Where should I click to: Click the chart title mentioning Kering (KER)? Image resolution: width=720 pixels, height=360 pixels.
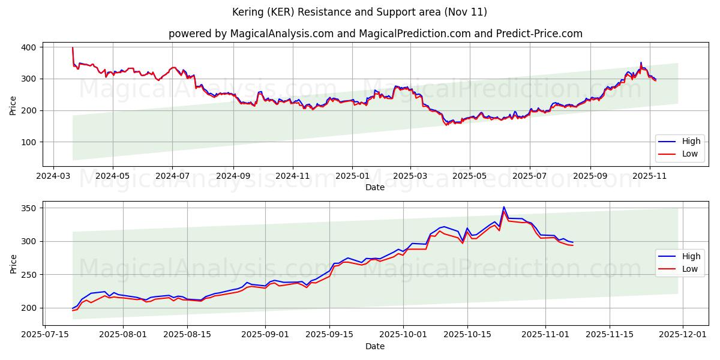click(x=359, y=12)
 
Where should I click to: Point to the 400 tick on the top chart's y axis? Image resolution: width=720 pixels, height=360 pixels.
click(x=29, y=47)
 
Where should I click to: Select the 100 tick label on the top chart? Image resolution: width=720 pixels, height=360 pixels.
click(x=29, y=142)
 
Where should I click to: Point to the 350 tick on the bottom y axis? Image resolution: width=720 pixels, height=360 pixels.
click(x=29, y=208)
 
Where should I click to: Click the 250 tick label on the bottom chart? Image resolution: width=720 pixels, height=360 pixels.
click(x=29, y=275)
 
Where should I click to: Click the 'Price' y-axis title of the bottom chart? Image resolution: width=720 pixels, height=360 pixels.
click(x=14, y=263)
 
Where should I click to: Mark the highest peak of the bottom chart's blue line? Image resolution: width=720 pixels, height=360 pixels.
click(x=503, y=207)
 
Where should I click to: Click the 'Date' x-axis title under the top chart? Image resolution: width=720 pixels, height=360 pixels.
click(x=375, y=187)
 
